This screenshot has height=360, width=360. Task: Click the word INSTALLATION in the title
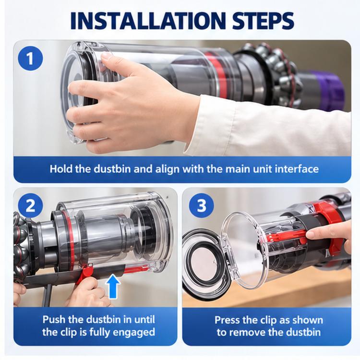[148, 21]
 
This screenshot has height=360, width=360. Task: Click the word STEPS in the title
[264, 21]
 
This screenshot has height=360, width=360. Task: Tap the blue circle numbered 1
[30, 58]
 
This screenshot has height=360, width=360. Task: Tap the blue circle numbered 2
[30, 206]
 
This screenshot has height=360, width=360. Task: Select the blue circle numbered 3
[201, 205]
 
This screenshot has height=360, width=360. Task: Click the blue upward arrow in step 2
[113, 286]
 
